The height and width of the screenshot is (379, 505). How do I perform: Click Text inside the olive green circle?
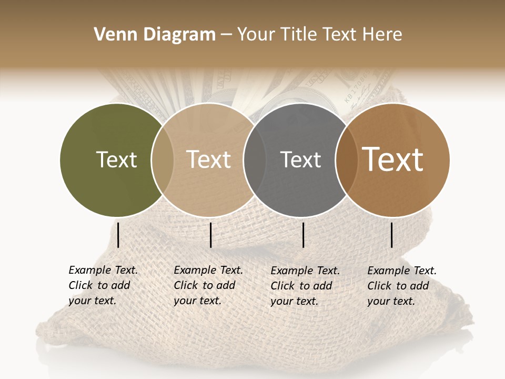coord(116,159)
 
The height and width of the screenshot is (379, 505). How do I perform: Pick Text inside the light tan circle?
coord(208,159)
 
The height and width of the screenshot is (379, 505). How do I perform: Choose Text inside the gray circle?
coord(300,159)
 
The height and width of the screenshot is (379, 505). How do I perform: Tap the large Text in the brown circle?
coord(392,159)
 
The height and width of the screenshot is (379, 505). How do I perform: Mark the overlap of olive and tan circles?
coord(163,159)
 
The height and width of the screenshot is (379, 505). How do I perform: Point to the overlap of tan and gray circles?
coord(255,159)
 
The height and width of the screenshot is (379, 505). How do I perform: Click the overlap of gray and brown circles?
coord(347,159)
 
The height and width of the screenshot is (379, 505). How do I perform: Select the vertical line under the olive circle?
coord(118,235)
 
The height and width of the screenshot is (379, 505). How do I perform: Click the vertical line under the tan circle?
coord(210,235)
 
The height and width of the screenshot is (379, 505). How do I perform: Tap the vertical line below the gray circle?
coord(303,235)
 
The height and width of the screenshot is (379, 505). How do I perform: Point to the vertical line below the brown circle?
coord(392,235)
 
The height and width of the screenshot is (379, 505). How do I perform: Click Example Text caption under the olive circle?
coord(103,285)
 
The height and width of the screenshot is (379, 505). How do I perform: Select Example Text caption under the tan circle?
coord(208,285)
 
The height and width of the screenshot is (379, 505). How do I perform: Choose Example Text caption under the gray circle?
coord(305,286)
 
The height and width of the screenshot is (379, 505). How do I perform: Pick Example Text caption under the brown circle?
coord(401,286)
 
